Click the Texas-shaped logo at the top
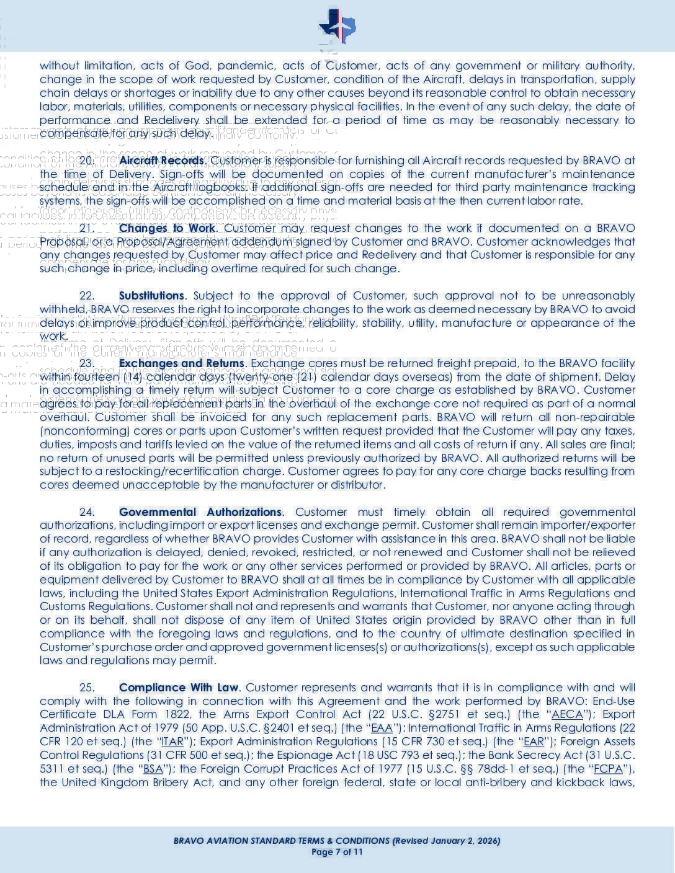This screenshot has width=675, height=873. (337, 27)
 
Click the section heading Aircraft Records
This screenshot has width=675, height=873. (161, 161)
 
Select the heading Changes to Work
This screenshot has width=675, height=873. (167, 228)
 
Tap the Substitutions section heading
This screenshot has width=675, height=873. (151, 296)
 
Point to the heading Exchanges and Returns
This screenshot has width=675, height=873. (181, 363)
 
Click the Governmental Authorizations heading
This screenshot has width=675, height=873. (200, 512)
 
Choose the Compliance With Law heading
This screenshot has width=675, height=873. (179, 688)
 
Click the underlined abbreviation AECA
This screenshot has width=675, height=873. (567, 714)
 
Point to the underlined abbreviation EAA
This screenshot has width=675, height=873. (382, 728)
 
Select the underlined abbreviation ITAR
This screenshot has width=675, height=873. (172, 742)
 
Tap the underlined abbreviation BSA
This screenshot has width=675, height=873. (153, 769)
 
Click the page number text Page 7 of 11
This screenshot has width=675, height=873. (337, 852)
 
